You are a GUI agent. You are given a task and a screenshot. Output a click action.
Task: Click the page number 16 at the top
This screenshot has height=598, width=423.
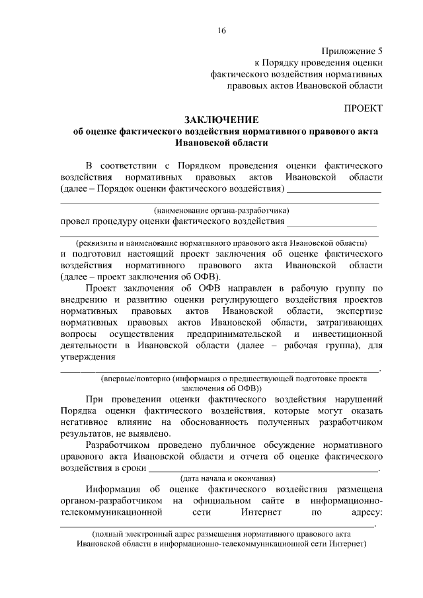pos(221,30)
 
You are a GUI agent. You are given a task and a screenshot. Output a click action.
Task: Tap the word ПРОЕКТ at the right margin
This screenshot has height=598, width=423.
pos(363,108)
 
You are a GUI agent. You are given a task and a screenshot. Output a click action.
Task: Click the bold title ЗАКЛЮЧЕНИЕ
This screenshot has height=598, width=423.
pos(221,119)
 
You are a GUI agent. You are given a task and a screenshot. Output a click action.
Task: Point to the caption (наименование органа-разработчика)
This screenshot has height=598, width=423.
pos(220,210)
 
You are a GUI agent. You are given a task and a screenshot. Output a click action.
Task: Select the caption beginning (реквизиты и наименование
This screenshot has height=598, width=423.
pos(221,243)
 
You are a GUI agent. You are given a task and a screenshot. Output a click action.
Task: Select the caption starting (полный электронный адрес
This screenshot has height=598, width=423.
pos(221,533)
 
